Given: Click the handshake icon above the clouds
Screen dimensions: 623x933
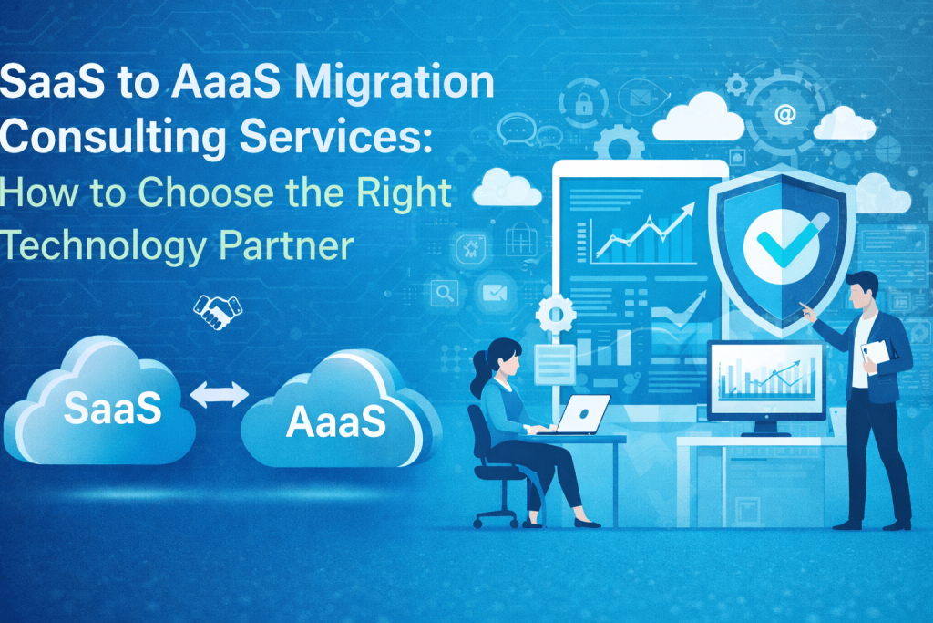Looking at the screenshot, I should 219,310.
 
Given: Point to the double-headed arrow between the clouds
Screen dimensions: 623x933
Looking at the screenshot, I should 219,394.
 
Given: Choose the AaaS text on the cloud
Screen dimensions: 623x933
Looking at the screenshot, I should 334,422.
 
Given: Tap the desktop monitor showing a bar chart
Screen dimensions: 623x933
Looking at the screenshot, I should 764,379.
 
